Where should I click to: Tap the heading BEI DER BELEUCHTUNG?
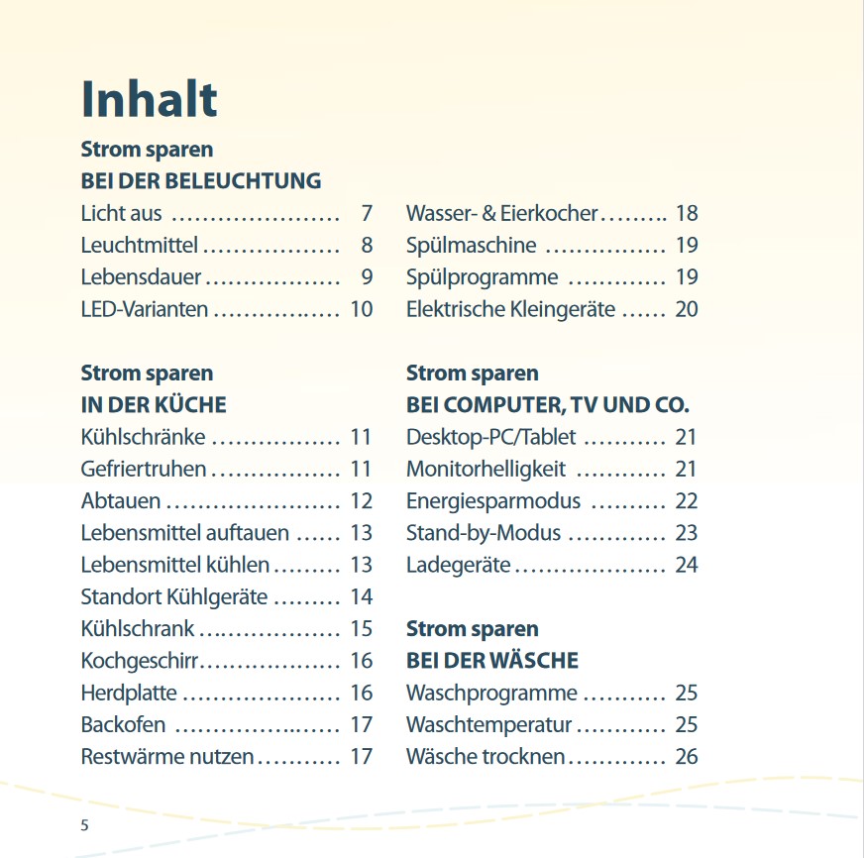pyautogui.click(x=201, y=181)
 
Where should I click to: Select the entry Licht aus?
pyautogui.click(x=121, y=213)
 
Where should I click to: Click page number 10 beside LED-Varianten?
pyautogui.click(x=361, y=309)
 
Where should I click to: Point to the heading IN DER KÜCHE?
pyautogui.click(x=154, y=405)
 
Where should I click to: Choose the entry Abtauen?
pyautogui.click(x=121, y=501)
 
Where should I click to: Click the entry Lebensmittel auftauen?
pyautogui.click(x=184, y=533)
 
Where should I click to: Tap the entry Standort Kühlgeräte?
pyautogui.click(x=173, y=596)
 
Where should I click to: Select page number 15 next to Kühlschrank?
pyautogui.click(x=361, y=629)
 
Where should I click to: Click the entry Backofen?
pyautogui.click(x=124, y=725)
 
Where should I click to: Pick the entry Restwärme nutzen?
pyautogui.click(x=167, y=757)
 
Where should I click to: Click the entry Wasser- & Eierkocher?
pyautogui.click(x=501, y=213)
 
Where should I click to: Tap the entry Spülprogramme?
pyautogui.click(x=482, y=277)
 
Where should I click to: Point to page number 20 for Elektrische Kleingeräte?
pyautogui.click(x=687, y=309)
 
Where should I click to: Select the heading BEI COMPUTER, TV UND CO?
pyautogui.click(x=548, y=405)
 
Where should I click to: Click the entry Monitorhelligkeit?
pyautogui.click(x=486, y=469)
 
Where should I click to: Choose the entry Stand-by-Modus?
pyautogui.click(x=484, y=533)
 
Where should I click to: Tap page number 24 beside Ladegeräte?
pyautogui.click(x=687, y=565)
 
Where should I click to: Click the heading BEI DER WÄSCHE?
pyautogui.click(x=492, y=661)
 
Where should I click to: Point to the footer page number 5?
pyautogui.click(x=84, y=825)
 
